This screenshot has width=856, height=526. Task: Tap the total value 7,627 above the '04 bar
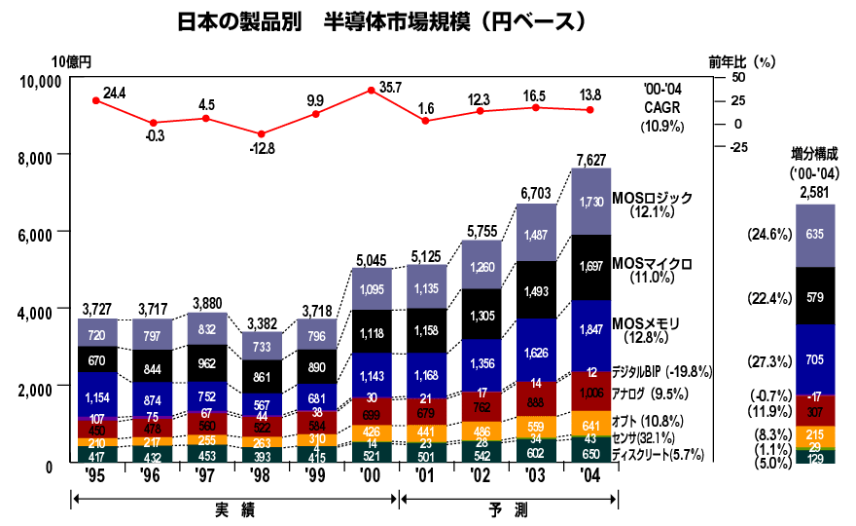point(591,159)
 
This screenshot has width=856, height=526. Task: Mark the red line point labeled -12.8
point(261,134)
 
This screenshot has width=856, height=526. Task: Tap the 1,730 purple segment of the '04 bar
point(591,202)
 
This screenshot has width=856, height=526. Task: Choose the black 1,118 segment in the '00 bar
point(371,333)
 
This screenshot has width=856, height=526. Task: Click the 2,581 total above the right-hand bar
point(814,193)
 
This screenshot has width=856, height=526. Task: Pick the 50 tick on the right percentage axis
point(737,77)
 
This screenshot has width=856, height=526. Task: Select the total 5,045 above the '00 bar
point(371,259)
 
